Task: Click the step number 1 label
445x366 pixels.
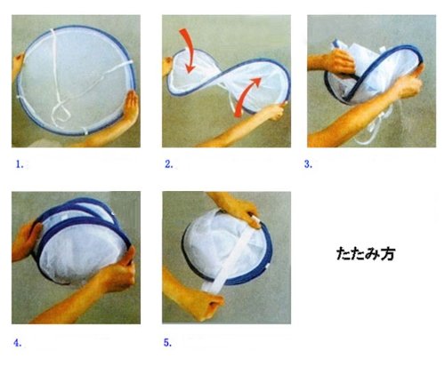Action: click(x=20, y=164)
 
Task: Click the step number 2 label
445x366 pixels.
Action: click(x=168, y=164)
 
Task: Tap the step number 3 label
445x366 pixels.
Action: click(x=308, y=164)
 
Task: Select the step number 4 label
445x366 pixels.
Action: click(x=18, y=343)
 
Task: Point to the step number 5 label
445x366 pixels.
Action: click(x=167, y=343)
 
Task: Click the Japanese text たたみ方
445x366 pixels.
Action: click(x=366, y=254)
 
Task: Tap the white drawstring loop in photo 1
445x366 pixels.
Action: click(x=61, y=114)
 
